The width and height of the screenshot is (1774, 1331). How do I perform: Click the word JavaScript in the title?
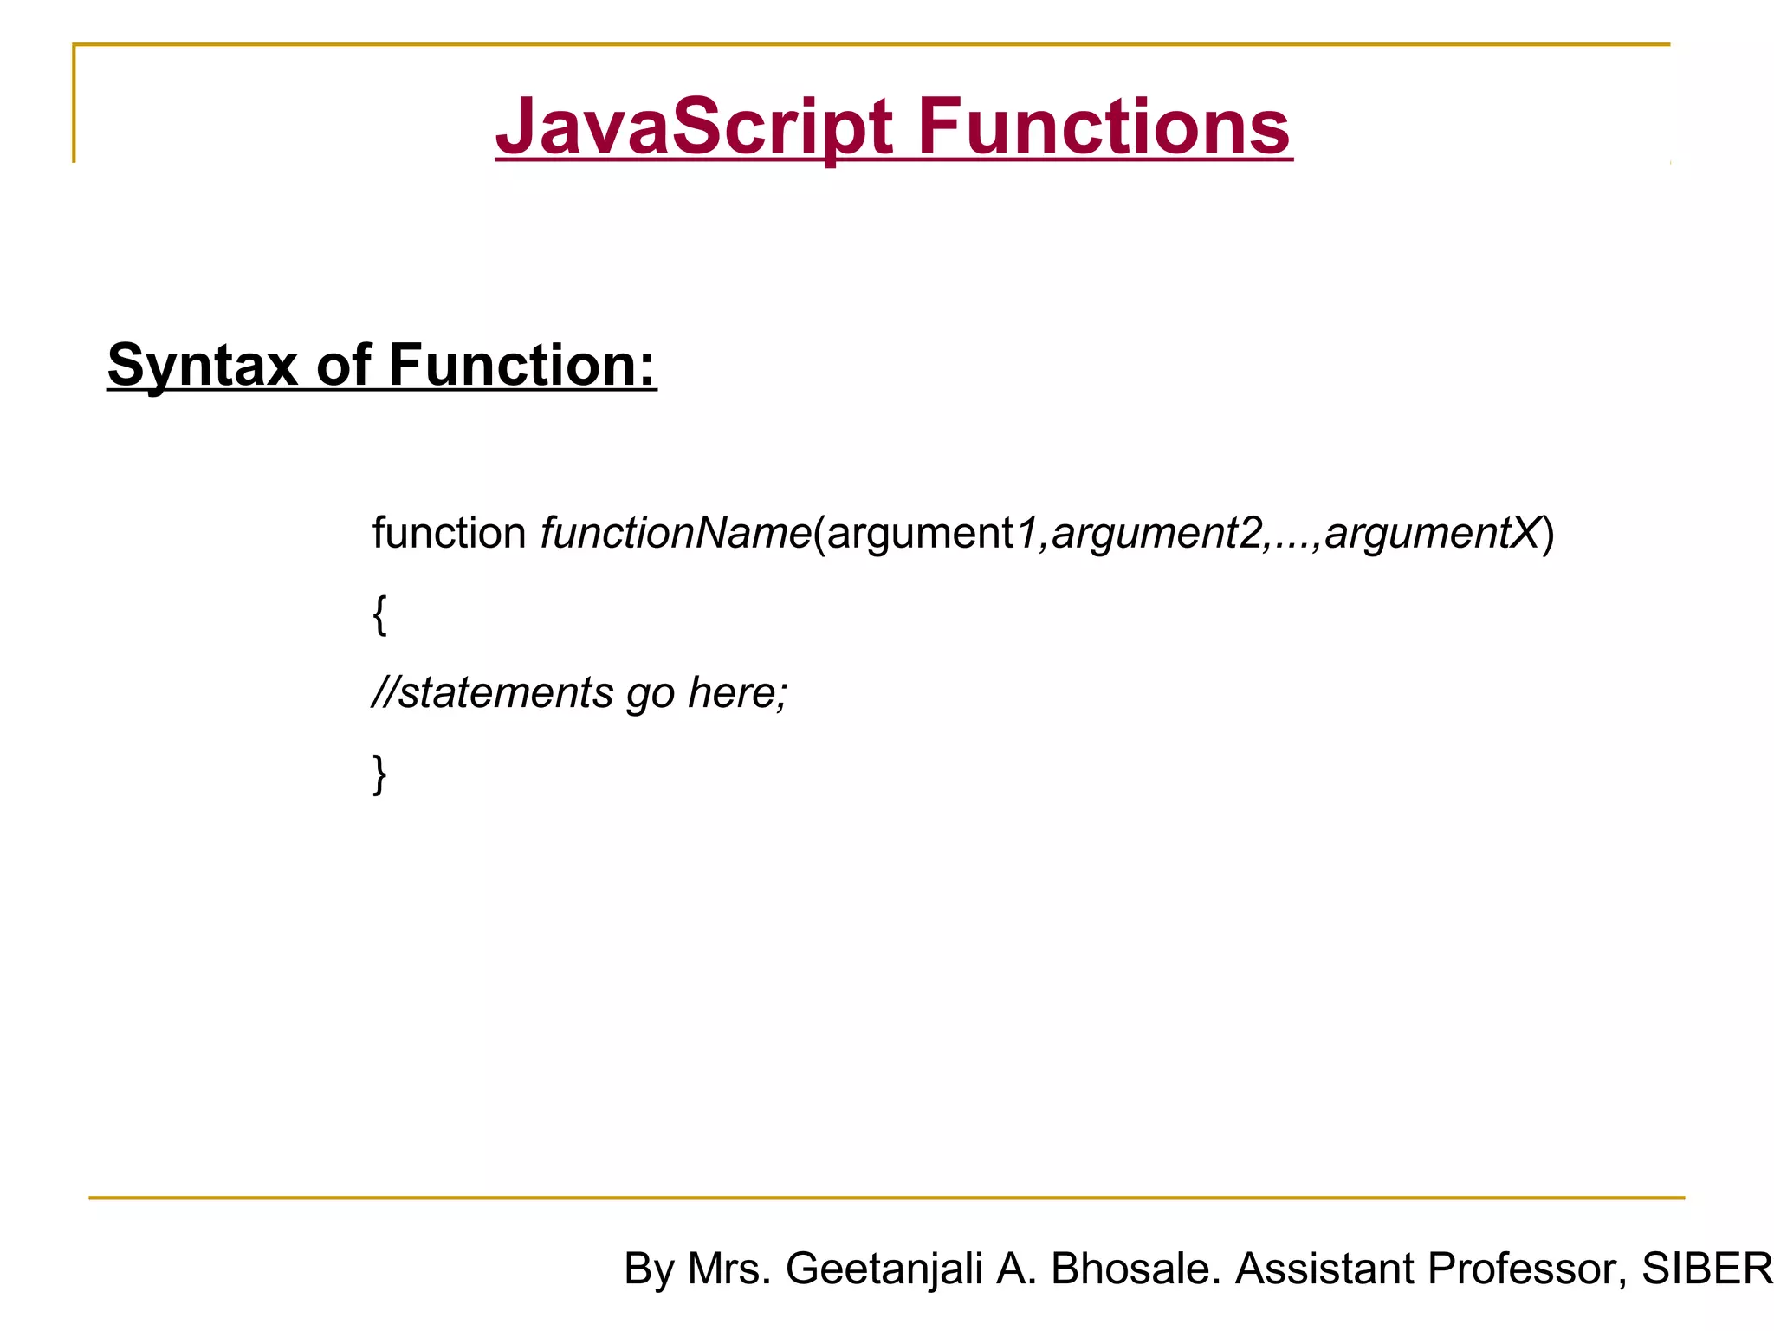694,127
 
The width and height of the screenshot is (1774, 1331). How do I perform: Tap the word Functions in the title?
1104,127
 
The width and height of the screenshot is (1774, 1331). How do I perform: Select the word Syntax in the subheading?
202,365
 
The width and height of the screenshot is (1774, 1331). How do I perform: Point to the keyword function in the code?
449,532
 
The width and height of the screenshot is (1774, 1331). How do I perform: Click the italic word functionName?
676,532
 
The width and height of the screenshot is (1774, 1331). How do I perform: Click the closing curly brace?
379,774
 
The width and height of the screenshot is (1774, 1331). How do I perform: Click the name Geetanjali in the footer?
884,1269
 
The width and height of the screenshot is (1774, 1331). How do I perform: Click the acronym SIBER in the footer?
1706,1269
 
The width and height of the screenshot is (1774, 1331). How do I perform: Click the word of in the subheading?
343,365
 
